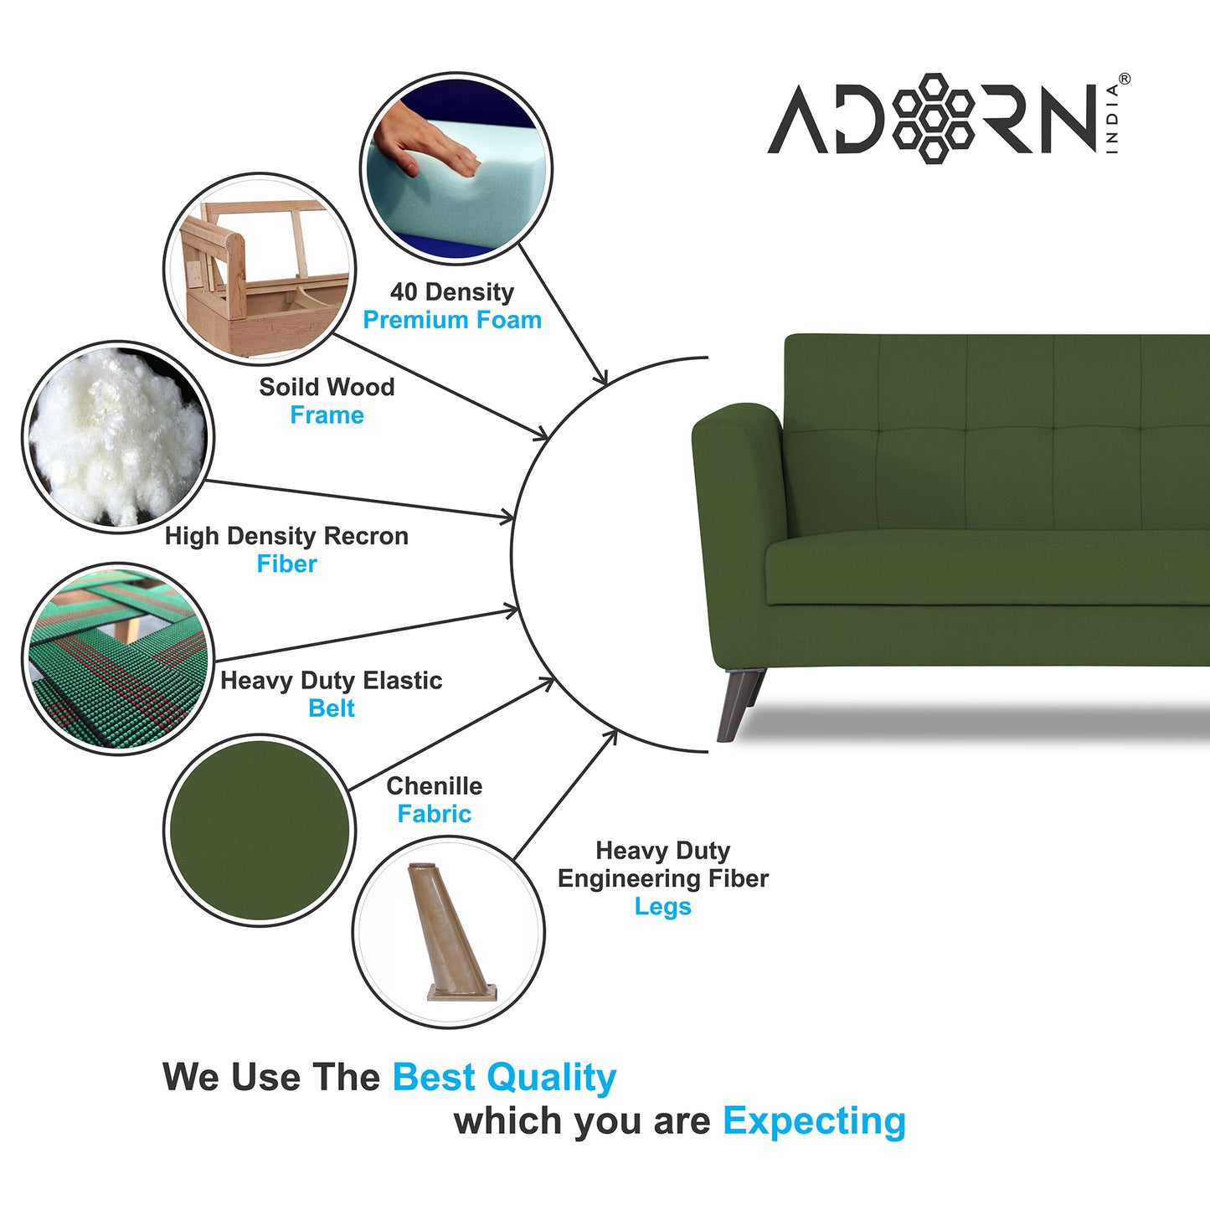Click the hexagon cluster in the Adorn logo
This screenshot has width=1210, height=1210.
coord(933,118)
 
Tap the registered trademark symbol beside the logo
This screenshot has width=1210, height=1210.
coord(1124,80)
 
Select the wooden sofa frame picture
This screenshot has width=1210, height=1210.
coord(260,268)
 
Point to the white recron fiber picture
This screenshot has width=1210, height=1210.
coord(117,435)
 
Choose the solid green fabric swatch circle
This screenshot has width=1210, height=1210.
coord(260,830)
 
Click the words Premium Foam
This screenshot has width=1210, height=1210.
coord(452,320)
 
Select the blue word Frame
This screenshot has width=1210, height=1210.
coord(327,415)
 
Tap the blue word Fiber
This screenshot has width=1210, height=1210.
coord(286,564)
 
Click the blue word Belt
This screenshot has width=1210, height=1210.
coord(332,708)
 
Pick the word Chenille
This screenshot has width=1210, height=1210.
coord(434,786)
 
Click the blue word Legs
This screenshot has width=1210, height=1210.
coord(662,907)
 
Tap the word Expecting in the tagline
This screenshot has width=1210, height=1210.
coord(814,1120)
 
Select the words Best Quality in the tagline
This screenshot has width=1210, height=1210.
coord(504,1077)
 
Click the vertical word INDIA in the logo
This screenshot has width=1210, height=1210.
coord(1112,118)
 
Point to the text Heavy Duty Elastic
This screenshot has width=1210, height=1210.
coord(331,681)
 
